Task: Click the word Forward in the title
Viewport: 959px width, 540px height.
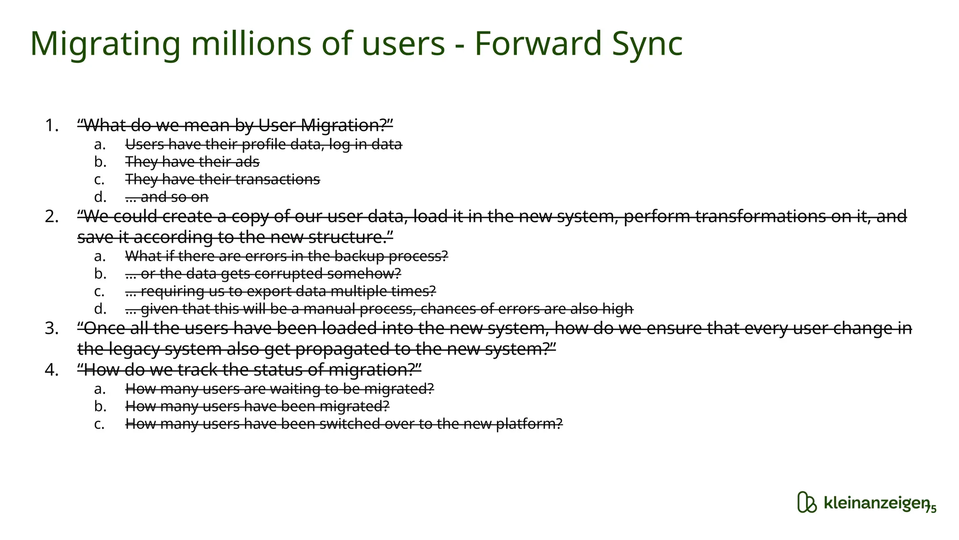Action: click(x=538, y=43)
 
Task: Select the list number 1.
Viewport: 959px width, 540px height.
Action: click(x=52, y=126)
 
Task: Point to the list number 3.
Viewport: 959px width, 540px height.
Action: click(x=52, y=329)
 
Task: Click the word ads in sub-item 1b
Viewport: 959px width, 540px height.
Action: click(x=249, y=162)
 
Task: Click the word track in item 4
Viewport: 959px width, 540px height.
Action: click(x=197, y=370)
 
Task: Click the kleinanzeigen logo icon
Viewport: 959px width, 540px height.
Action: click(x=806, y=502)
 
